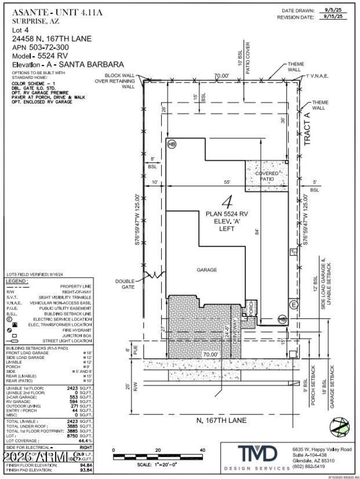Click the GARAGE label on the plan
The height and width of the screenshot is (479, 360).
pyautogui.click(x=207, y=270)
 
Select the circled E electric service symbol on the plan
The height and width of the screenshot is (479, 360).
pyautogui.click(x=293, y=304)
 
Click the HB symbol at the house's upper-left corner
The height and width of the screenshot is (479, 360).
pyautogui.click(x=171, y=144)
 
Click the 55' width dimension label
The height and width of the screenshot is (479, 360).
pyautogui.click(x=228, y=182)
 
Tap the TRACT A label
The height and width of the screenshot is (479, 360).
pyautogui.click(x=307, y=128)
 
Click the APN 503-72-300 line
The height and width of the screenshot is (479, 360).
pyautogui.click(x=40, y=47)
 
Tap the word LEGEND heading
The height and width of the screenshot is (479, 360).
pyautogui.click(x=17, y=281)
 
